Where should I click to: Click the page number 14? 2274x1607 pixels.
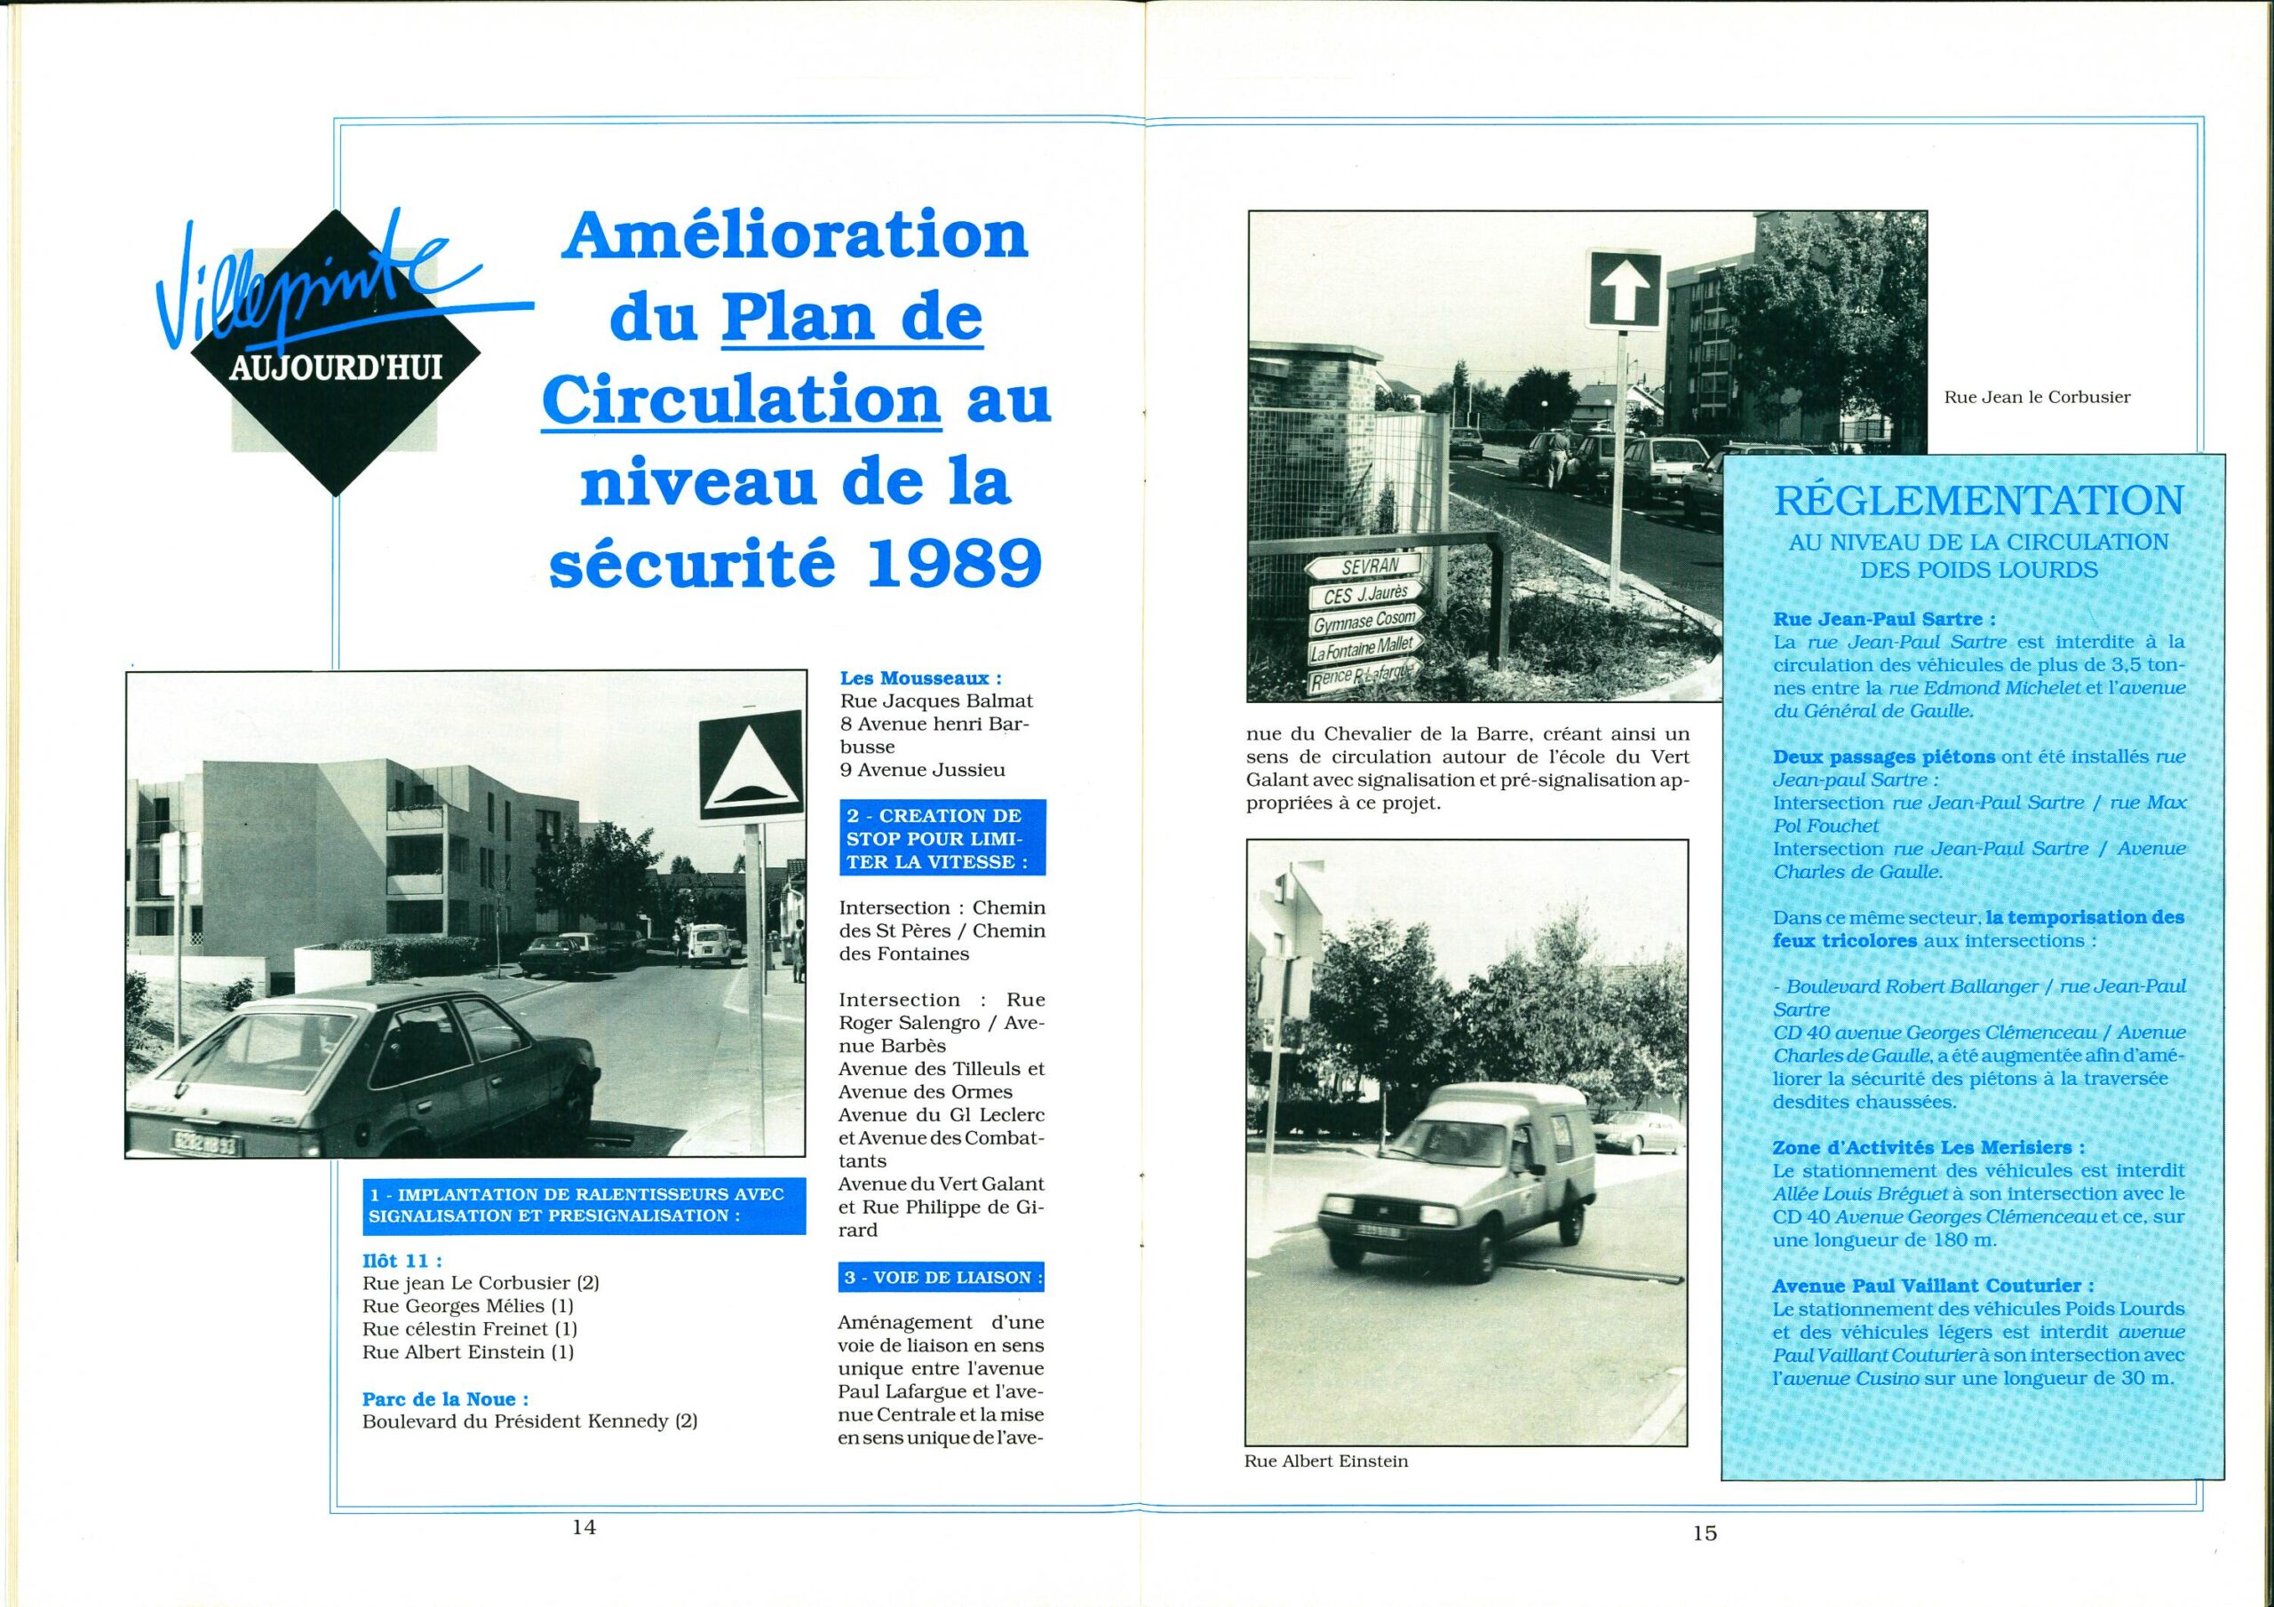pos(584,1527)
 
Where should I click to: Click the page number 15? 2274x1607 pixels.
pos(1705,1532)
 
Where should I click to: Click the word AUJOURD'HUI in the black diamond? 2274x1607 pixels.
pos(336,369)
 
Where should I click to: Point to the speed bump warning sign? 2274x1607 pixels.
pos(750,764)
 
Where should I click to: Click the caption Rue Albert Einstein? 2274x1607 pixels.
pos(1326,1461)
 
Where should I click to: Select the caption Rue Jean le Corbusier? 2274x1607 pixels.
pos(2038,397)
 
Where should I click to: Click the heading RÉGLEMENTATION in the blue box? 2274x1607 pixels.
pos(1978,501)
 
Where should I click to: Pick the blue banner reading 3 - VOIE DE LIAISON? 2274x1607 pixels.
pos(941,1278)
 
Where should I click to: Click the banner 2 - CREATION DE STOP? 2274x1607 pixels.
pos(941,839)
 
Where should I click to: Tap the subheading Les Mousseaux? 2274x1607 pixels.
pos(920,678)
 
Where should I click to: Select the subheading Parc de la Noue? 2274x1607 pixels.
pos(446,1399)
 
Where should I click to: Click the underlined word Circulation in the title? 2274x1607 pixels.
pos(742,401)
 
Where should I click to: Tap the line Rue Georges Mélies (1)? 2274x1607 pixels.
pos(468,1305)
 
